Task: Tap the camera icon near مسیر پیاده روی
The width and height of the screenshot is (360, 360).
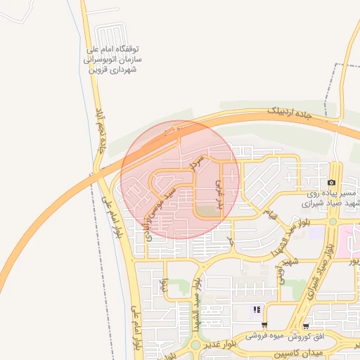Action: pyautogui.click(x=331, y=182)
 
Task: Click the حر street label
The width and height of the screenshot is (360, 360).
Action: pyautogui.click(x=229, y=241)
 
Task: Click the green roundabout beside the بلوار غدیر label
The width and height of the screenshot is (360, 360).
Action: pyautogui.click(x=195, y=345)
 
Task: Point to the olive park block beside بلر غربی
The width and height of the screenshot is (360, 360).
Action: pyautogui.click(x=207, y=212)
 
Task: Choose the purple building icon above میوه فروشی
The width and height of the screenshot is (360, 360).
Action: pyautogui.click(x=257, y=309)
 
